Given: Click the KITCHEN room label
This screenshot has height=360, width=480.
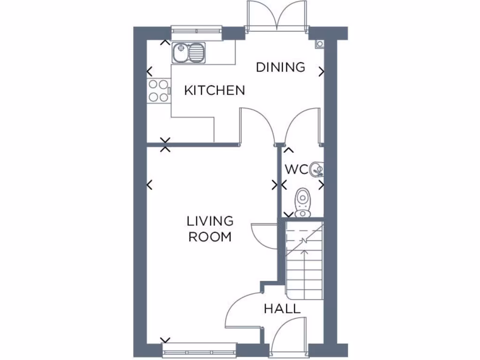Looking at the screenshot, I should point(214,90).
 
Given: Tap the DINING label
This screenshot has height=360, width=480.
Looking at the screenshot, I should point(280,67).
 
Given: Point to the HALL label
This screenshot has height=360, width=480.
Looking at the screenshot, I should point(282,309).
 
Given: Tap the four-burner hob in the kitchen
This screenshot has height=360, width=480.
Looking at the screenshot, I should point(158,91).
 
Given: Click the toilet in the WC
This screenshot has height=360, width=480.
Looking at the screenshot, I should point(303,202).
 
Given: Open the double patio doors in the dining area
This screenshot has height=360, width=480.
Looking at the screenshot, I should point(277,16).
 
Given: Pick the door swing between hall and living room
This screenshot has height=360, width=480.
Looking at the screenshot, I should point(244,309).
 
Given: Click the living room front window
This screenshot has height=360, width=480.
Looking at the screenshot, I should point(199,349).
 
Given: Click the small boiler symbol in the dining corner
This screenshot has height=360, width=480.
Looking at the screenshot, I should point(320,44).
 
